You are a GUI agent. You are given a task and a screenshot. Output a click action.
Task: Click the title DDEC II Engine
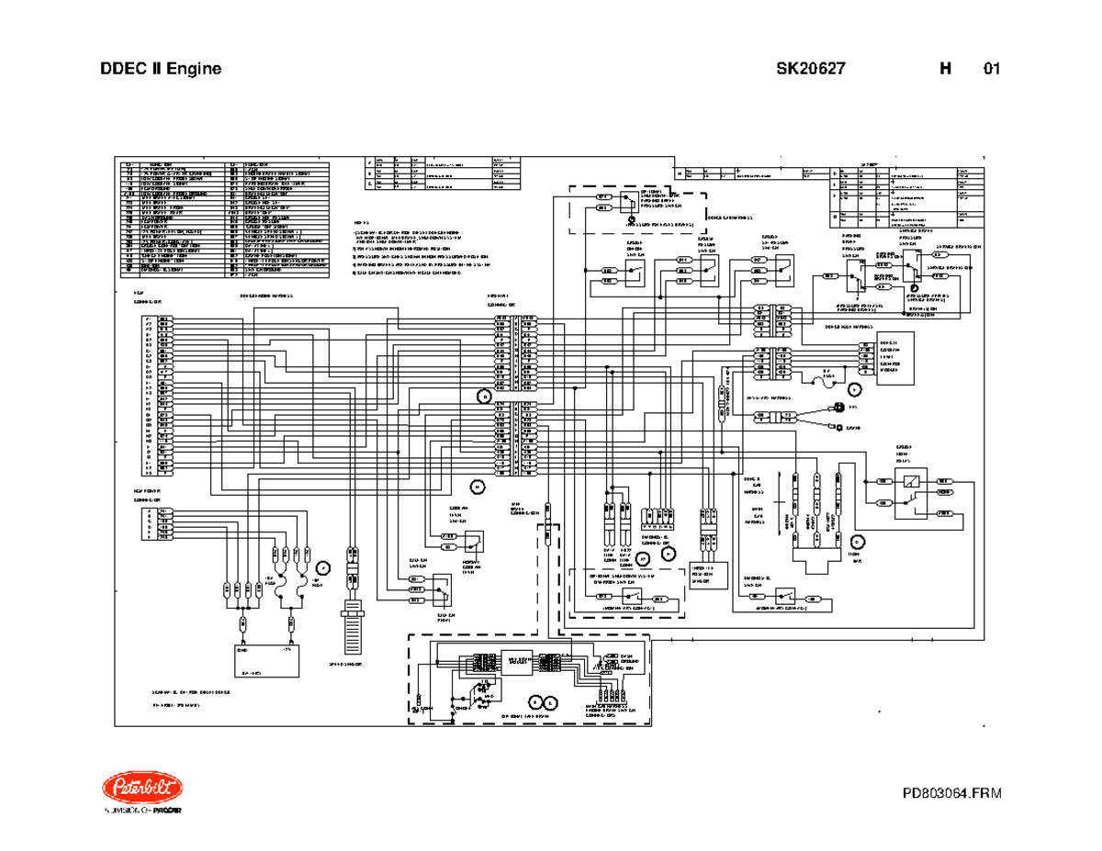point(161,69)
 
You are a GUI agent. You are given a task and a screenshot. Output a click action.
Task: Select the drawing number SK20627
point(805,69)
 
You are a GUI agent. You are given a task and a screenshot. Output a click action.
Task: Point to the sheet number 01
point(991,69)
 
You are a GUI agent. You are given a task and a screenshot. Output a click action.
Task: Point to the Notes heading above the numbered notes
point(361,222)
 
